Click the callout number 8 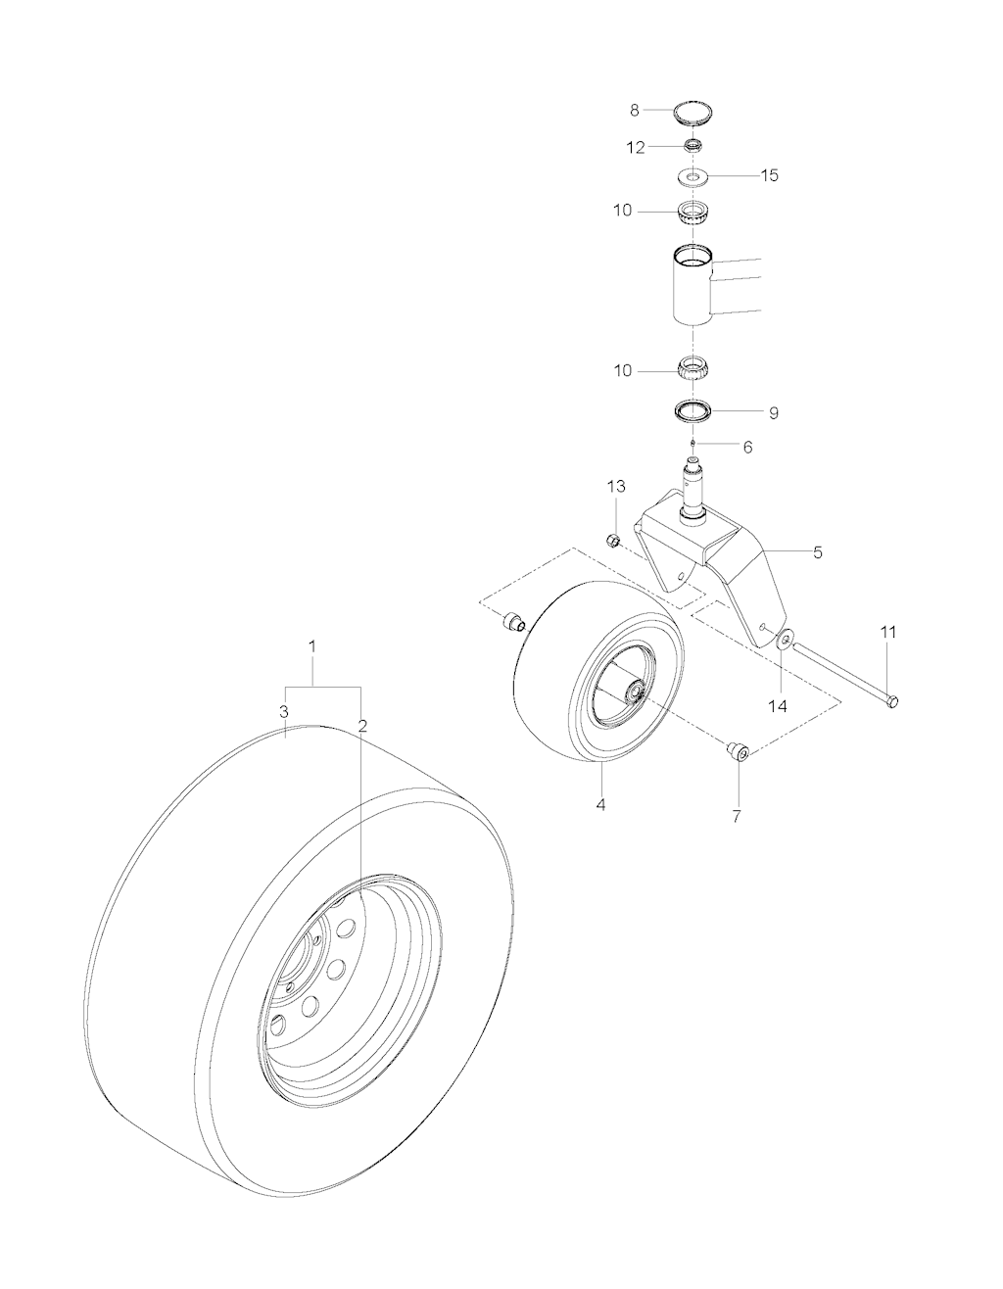634,111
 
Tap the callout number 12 636,148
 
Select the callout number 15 769,175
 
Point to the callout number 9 774,413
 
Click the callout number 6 747,448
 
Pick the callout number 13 616,487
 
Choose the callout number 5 817,552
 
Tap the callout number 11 888,633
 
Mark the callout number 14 778,706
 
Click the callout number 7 737,816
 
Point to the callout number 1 312,646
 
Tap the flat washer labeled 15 694,177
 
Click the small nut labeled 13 613,541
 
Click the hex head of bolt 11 891,702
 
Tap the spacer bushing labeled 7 738,752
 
